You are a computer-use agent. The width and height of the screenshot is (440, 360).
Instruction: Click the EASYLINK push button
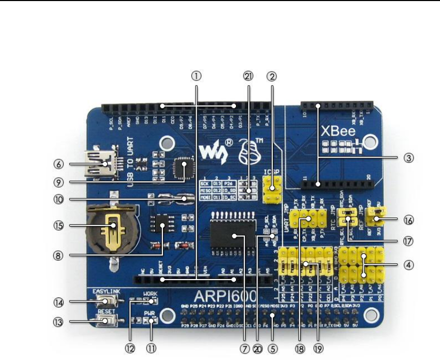click(108, 301)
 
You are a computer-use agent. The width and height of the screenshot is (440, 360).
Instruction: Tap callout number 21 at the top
click(249, 76)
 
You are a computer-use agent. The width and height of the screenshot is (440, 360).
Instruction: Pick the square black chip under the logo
click(185, 168)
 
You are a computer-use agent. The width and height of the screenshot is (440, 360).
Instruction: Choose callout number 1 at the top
click(197, 76)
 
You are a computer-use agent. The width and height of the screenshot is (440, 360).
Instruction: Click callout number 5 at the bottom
click(272, 347)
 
